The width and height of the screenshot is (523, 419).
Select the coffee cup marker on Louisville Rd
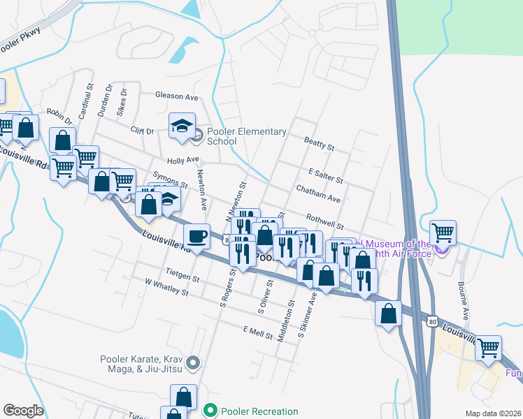pos(197,235)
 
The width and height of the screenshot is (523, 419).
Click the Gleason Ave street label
pos(177,96)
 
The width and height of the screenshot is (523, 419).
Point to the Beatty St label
pos(320,143)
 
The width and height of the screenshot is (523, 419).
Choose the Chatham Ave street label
pos(317,194)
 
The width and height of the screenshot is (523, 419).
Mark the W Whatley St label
pos(166,288)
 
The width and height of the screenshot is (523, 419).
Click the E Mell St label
pos(257,331)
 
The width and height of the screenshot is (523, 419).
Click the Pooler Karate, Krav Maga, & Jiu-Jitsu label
pos(144,363)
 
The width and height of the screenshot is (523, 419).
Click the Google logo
pos(23,411)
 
